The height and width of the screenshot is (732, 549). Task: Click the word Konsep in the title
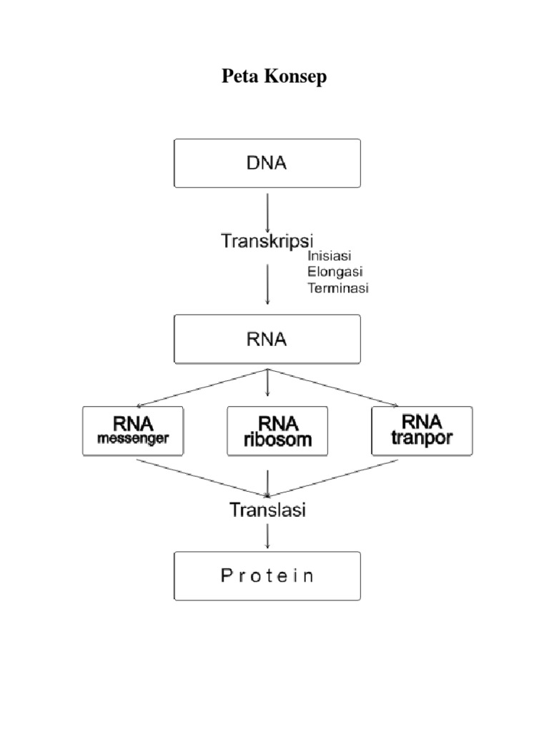(x=296, y=77)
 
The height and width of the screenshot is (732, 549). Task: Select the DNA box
(x=267, y=163)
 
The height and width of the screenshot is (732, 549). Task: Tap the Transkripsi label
(x=267, y=240)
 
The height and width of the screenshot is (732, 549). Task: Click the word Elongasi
(x=335, y=272)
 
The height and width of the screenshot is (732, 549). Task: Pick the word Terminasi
(x=337, y=288)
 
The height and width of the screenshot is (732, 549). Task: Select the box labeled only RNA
(x=267, y=339)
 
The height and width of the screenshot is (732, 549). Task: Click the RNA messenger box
(x=133, y=430)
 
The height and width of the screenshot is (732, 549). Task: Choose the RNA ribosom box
(x=277, y=430)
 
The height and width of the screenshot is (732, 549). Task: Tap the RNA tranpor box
(x=422, y=430)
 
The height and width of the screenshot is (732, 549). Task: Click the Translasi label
(x=267, y=510)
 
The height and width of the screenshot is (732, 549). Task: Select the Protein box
(x=267, y=575)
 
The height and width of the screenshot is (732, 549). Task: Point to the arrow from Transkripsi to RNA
(x=267, y=284)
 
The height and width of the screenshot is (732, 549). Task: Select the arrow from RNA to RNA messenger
(x=200, y=387)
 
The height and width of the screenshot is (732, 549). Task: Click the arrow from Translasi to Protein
(x=267, y=535)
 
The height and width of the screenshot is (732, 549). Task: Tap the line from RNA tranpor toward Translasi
(x=333, y=477)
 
